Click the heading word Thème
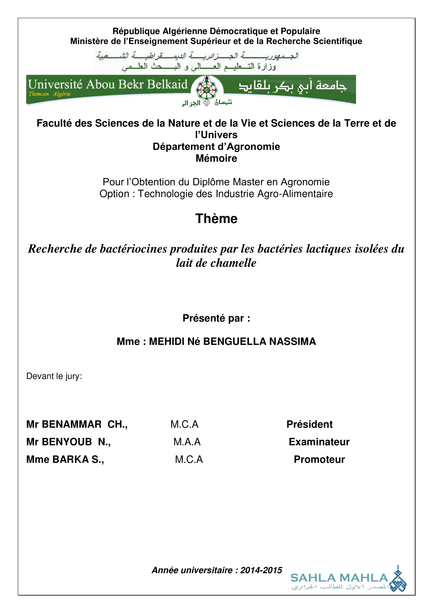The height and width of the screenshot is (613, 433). point(216,218)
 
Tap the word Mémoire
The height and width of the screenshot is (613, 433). point(216,158)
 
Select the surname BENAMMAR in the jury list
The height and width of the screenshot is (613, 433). point(71,424)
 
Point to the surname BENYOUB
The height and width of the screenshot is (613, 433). point(67,442)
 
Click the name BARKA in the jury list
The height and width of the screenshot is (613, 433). point(70,459)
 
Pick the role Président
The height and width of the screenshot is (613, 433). point(309,424)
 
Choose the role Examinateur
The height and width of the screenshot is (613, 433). point(319,442)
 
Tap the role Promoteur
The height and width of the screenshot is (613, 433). point(319,459)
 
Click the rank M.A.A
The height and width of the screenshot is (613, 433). point(187,442)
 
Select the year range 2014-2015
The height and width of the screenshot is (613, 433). point(261,570)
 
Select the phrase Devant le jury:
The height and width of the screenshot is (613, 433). point(54,376)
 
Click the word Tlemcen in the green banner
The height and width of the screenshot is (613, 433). point(39,94)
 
